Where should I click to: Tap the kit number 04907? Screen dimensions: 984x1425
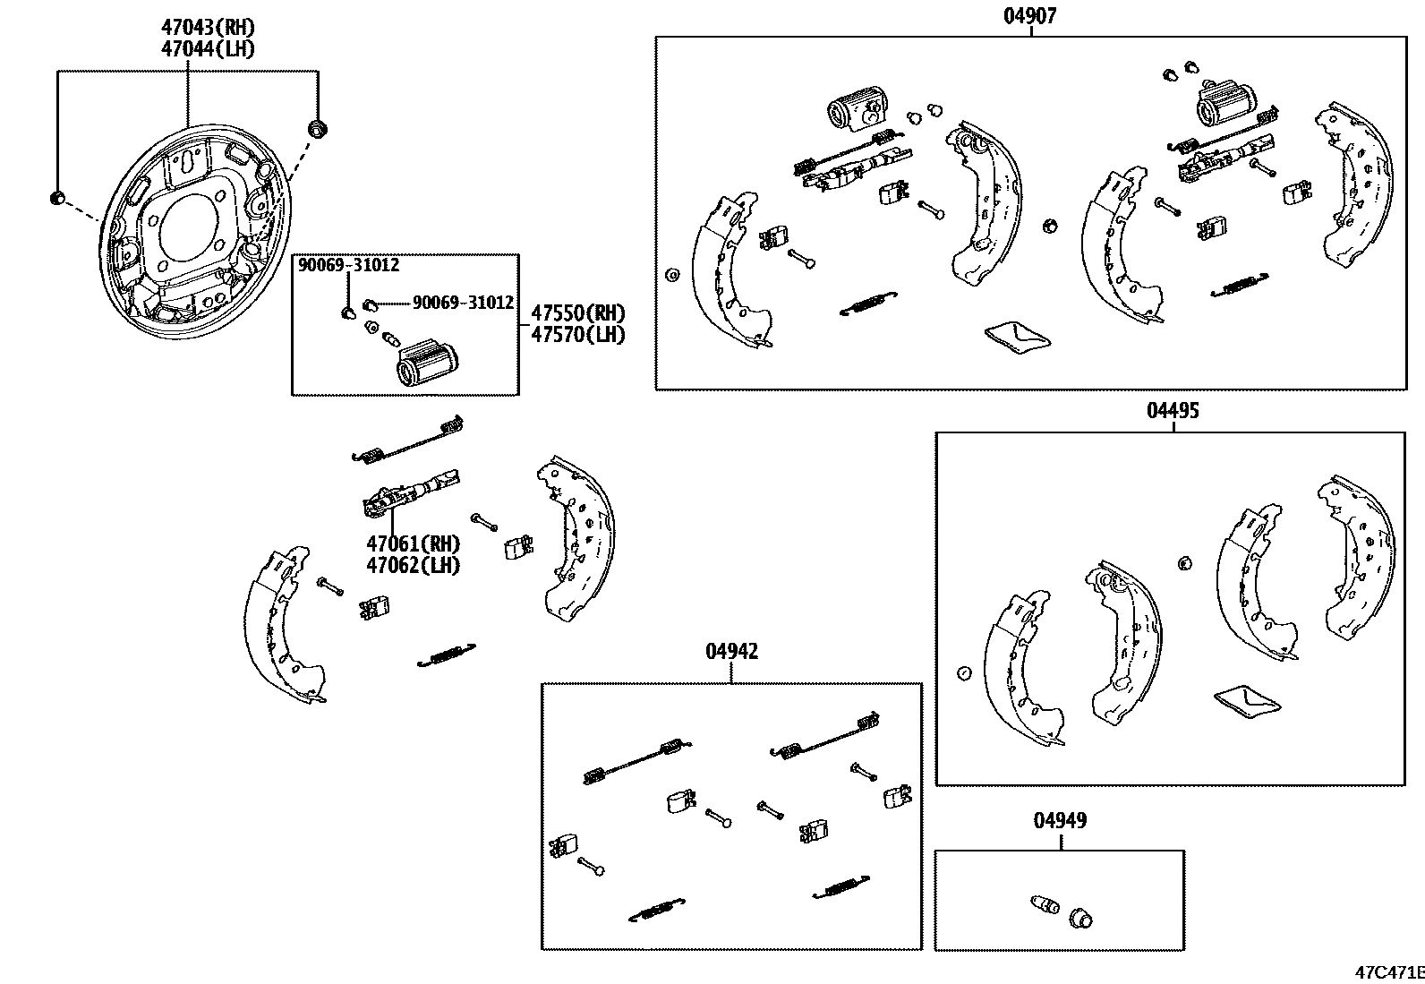click(x=1029, y=15)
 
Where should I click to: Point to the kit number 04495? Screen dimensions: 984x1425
click(x=1173, y=411)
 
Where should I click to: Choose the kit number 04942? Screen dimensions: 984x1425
click(x=731, y=652)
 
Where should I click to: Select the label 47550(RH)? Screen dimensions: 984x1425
click(x=577, y=313)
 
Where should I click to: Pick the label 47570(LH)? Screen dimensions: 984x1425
click(x=577, y=335)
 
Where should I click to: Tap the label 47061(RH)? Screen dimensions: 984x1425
click(x=413, y=543)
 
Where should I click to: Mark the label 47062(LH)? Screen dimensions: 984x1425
click(x=413, y=565)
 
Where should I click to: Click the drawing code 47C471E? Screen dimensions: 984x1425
click(x=1388, y=972)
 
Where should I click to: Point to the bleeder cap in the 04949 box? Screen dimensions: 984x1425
click(x=1081, y=917)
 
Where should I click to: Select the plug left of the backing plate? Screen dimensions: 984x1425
click(x=57, y=197)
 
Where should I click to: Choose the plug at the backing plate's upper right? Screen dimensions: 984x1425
click(x=317, y=128)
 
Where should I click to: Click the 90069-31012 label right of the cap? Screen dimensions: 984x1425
click(x=463, y=303)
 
